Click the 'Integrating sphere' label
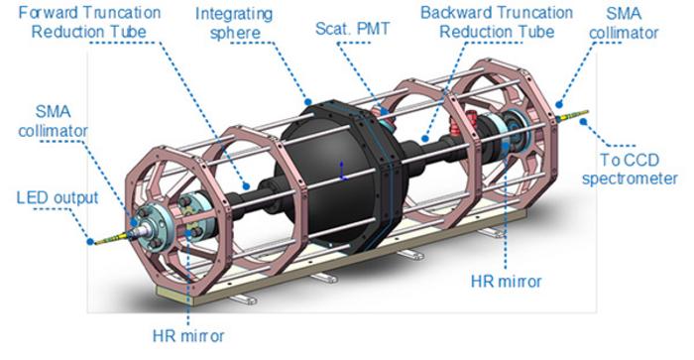click(234, 23)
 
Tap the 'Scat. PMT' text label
click(352, 29)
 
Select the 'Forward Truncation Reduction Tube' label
click(89, 22)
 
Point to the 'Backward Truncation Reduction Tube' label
click(497, 22)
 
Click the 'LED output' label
click(58, 197)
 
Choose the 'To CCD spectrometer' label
click(630, 170)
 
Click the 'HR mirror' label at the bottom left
click(188, 335)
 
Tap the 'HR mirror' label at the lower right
click(506, 282)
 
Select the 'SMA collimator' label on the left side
click(54, 121)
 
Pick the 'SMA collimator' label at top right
click(624, 23)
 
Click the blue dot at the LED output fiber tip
click(90, 242)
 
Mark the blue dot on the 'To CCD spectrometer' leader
click(584, 121)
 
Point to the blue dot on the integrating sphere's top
click(308, 102)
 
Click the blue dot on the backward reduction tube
click(425, 139)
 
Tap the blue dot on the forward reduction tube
click(246, 186)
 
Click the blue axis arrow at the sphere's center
click(342, 171)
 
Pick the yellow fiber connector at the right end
click(573, 115)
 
